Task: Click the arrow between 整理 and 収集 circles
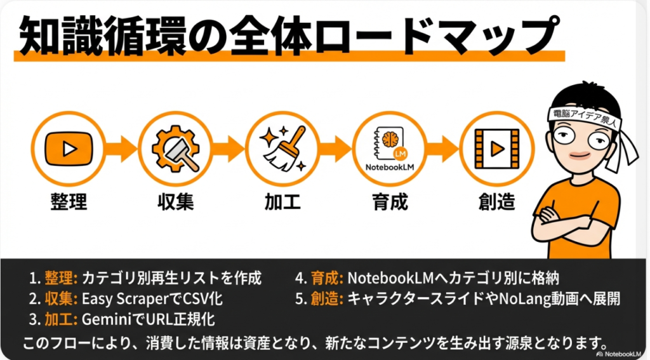coord(122,150)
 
